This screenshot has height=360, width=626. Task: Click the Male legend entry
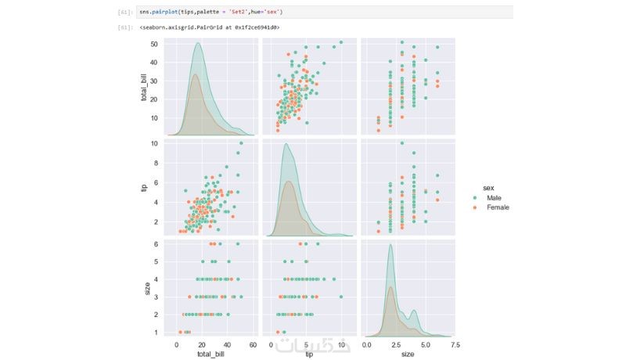click(x=495, y=198)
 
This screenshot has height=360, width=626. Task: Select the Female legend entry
click(x=498, y=207)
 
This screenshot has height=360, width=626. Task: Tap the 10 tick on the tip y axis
click(x=155, y=144)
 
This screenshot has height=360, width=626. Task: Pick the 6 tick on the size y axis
click(x=156, y=244)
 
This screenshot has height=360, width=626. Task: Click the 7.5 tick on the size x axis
click(x=454, y=344)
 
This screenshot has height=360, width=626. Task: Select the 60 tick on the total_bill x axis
click(x=252, y=344)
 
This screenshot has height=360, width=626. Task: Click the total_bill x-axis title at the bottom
click(x=209, y=354)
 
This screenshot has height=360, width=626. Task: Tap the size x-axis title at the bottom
click(x=408, y=354)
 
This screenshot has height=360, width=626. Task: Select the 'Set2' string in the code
click(x=236, y=13)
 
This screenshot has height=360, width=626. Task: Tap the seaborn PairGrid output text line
click(x=210, y=27)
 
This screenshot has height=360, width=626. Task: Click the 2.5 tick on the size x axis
click(x=397, y=344)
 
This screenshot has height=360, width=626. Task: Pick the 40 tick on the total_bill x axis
click(x=227, y=344)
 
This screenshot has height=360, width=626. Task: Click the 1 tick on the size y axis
click(x=156, y=332)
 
